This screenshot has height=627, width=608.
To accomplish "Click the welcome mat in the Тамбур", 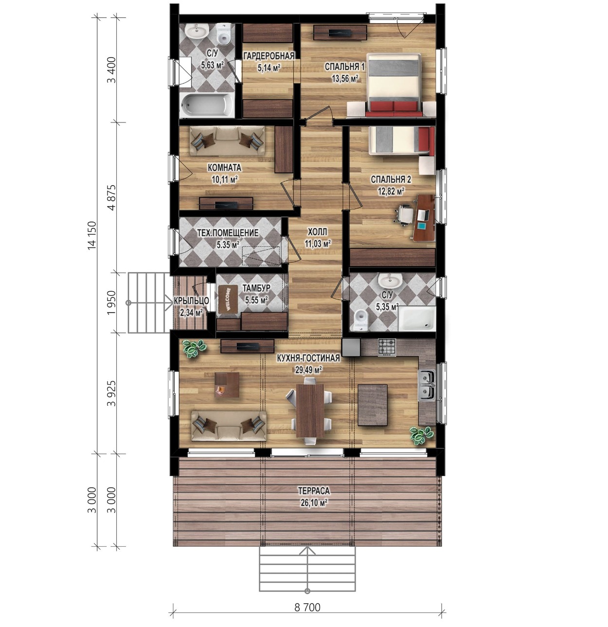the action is (228, 299).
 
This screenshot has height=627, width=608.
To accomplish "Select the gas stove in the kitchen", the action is (387, 347).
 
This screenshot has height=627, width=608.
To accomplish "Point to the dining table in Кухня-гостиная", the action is (309, 411).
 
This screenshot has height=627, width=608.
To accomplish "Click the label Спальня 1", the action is (344, 67).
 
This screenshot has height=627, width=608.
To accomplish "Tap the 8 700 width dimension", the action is (307, 608).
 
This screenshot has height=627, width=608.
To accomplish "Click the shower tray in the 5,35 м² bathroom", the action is (416, 318).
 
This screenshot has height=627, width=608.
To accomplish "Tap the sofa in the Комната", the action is (227, 141).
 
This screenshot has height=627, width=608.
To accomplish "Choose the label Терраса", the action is (313, 491).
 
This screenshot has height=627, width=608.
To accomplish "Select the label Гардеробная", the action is (268, 56).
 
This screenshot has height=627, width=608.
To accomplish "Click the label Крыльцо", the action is (191, 301).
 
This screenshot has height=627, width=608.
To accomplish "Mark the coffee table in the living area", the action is (227, 385).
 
